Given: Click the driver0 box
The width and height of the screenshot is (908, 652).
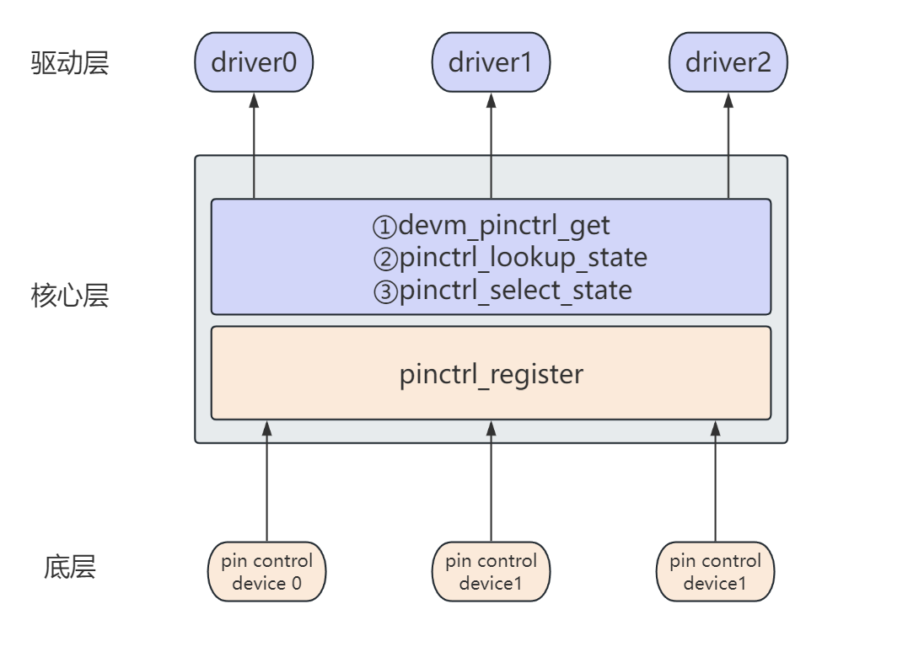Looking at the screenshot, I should pos(254,62).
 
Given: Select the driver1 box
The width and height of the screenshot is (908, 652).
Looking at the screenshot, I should pos(491,62).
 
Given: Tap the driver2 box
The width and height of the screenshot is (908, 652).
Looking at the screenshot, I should pos(728,62).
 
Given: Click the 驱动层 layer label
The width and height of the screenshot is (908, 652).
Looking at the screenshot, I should pos(70,63).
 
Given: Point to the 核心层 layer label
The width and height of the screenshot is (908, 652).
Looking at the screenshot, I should pos(70,297).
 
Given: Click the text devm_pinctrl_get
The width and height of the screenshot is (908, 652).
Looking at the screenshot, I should pos(503,226).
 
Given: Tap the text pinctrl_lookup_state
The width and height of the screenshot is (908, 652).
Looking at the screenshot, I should pos(523,258).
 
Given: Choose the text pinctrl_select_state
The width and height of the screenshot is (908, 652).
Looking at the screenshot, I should pos(515,291).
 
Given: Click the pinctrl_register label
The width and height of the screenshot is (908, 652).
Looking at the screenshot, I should pos(491,374).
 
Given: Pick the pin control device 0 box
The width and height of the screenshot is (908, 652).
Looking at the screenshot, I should pos(266,571).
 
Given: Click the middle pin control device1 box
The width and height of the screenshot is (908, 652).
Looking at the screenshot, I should pos(491,571).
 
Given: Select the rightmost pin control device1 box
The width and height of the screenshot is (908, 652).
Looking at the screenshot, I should pos(715,571).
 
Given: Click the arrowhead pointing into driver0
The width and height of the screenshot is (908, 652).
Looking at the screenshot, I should pos(254,99).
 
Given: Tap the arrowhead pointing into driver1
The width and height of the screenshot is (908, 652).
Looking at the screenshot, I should pos(491,99).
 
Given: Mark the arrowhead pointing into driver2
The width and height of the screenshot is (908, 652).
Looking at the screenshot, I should pos(728,99).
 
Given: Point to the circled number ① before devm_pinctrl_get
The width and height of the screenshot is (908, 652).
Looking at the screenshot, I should pos(384,227).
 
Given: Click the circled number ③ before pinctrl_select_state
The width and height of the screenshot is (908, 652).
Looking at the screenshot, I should pos(384,291).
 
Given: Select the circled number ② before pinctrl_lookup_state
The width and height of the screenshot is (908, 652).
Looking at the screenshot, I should pos(384,259).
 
